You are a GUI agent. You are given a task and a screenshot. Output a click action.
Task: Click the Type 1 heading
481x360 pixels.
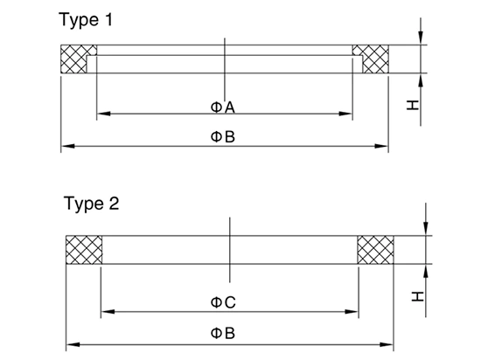86,20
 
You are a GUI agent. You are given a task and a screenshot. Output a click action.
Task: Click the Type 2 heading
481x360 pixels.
92,204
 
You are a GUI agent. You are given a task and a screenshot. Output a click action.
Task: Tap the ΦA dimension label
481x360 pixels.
223,107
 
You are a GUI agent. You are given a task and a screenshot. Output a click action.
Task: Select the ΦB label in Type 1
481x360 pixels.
223,136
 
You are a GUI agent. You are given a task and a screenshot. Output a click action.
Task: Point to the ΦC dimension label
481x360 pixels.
223,302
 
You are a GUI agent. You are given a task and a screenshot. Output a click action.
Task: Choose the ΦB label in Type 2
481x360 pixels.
223,333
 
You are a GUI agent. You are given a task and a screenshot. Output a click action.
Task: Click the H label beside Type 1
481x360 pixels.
413,105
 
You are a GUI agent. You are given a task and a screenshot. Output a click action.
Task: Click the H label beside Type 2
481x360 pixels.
418,296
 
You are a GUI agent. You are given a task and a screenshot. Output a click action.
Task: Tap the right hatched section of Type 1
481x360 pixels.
373,59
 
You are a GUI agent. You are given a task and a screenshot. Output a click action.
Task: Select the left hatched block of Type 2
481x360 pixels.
84,250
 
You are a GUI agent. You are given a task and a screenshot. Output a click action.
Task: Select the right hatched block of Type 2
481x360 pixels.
376,250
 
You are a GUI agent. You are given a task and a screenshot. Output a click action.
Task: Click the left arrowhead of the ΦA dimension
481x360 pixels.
103,114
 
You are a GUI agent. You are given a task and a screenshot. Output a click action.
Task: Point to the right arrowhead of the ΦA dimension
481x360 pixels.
345,114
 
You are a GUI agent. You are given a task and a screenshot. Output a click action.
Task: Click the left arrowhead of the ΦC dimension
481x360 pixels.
108,312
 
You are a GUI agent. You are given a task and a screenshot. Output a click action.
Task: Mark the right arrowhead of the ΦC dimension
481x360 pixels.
352,312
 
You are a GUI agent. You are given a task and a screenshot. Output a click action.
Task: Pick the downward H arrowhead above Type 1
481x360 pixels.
421,38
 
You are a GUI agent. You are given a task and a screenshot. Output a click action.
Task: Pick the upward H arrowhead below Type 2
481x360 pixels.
426,271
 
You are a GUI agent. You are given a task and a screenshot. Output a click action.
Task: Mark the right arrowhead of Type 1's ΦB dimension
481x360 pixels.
381,146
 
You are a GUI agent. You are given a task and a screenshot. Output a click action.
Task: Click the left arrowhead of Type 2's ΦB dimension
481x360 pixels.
73,344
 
